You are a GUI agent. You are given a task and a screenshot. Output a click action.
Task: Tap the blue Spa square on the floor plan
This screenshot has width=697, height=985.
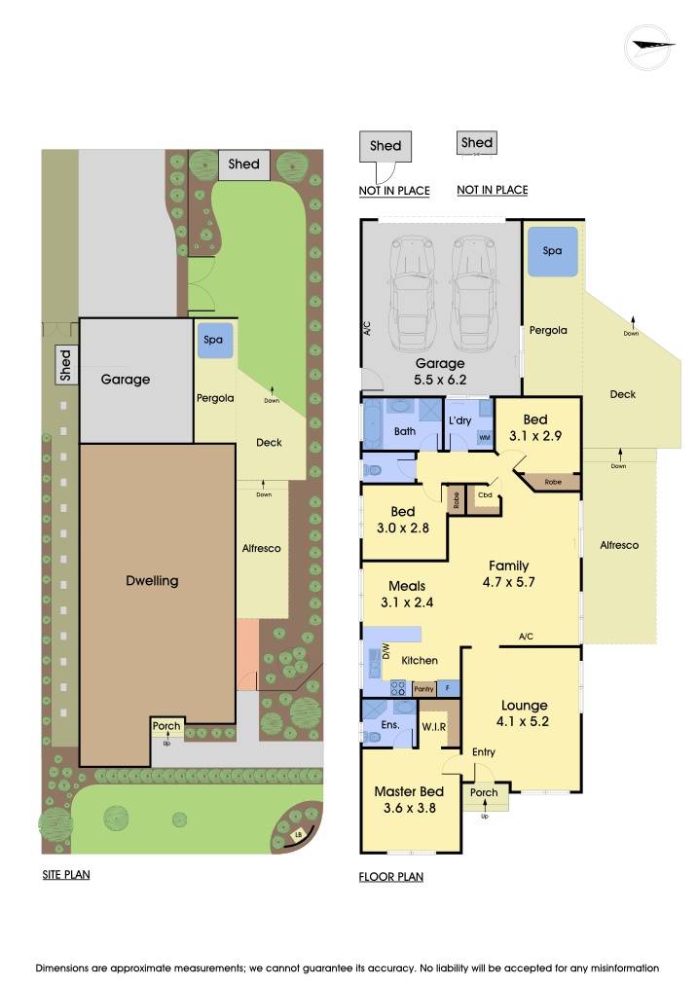(552, 251)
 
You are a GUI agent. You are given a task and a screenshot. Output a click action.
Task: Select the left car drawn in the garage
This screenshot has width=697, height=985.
(413, 296)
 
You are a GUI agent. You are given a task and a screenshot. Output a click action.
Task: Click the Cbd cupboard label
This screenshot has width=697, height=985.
(484, 496)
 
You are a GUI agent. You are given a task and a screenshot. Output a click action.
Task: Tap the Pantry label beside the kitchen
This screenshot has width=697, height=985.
(423, 689)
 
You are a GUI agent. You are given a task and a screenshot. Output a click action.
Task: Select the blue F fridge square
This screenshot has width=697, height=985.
(447, 688)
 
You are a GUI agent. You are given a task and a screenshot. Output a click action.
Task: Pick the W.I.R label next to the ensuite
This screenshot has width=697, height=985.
(433, 727)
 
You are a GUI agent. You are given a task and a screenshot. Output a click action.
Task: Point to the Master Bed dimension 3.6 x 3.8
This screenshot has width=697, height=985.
(409, 808)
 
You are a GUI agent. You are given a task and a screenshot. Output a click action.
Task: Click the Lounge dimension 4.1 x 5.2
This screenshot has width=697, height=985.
(524, 722)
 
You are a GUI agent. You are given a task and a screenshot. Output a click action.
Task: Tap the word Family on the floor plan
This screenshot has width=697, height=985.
(508, 565)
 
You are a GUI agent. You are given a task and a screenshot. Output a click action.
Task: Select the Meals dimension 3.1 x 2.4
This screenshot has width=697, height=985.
(406, 602)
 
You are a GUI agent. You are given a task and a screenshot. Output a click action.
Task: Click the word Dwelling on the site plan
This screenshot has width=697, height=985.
(153, 581)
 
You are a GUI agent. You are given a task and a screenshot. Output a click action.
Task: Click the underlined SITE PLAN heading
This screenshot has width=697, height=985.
(66, 874)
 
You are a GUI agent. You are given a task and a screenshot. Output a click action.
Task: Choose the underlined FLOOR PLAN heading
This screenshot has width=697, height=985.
(391, 876)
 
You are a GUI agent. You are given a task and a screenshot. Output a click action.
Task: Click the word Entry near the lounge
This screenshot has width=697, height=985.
(484, 751)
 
